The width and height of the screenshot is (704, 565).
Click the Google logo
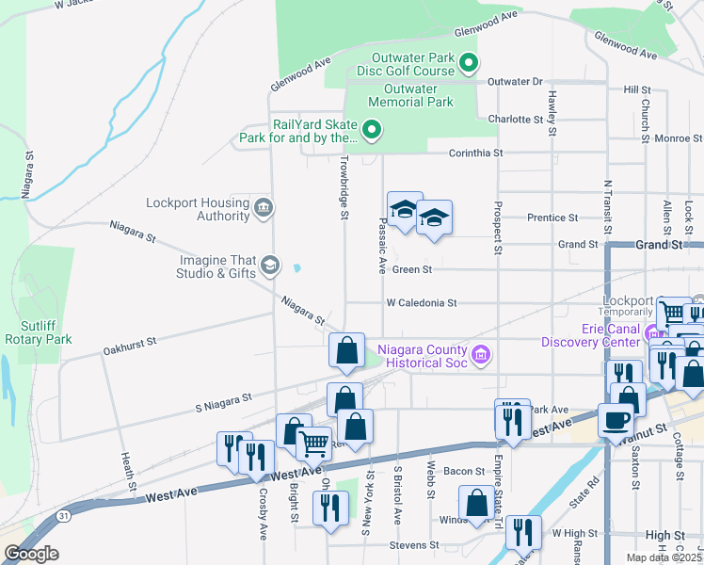pos(31,554)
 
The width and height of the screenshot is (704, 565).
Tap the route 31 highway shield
pos(61,515)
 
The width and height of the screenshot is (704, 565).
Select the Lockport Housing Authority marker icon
pos(263,207)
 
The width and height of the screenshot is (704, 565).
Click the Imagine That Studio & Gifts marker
pos(270,266)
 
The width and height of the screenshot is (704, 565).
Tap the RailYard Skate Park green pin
pos(372,130)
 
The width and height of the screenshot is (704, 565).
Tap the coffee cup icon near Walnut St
pos(616,420)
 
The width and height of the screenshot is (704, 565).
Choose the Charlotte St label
pos(516,120)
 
